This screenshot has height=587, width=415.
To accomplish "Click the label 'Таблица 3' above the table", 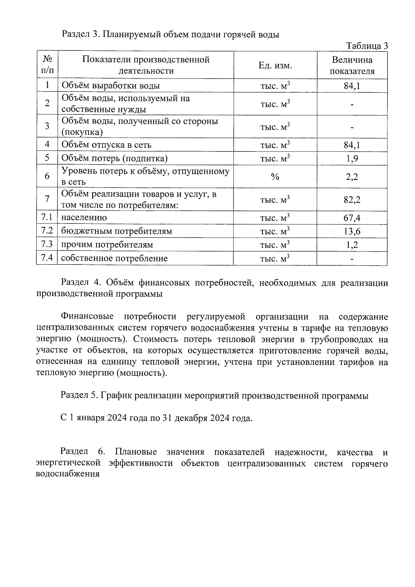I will click(367, 46).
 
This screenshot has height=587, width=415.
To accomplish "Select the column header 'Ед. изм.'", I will click(275, 65).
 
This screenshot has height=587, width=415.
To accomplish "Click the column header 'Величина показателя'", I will click(352, 65).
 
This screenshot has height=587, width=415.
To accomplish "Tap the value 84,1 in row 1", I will click(352, 86).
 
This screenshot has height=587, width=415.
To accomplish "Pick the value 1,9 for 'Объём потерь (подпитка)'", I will click(352, 158).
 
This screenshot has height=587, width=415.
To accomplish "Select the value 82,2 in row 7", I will click(352, 200).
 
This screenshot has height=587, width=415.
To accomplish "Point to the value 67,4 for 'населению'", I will click(352, 218).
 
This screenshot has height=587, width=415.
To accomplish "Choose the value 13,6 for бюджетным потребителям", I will click(352, 231).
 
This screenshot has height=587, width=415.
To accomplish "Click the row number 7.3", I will click(47, 245).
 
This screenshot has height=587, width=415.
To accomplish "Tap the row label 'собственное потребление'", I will click(114, 258).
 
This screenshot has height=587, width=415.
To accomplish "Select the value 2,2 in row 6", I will click(352, 177).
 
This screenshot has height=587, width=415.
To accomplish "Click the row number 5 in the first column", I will click(47, 158).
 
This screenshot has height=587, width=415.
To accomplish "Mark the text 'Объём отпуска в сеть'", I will click(106, 145).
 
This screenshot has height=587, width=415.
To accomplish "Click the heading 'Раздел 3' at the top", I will click(81, 35).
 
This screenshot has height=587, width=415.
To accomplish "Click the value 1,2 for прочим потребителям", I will click(352, 245).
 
